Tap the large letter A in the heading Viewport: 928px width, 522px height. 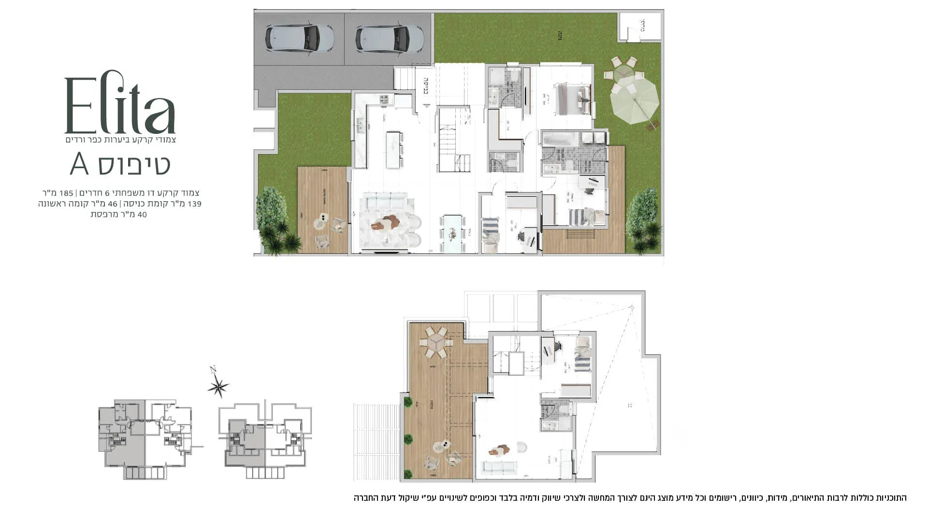pyautogui.click(x=80, y=164)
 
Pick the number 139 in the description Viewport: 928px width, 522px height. pyautogui.click(x=194, y=204)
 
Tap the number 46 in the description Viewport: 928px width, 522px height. pyautogui.click(x=113, y=204)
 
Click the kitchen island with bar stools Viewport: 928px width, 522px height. pyautogui.click(x=394, y=149)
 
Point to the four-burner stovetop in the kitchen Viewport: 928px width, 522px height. pyautogui.click(x=385, y=100)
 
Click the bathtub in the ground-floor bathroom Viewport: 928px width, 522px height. pyautogui.click(x=560, y=140)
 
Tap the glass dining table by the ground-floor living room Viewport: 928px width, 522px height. pyautogui.click(x=452, y=234)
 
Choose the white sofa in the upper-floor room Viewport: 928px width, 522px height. pyautogui.click(x=500, y=467)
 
